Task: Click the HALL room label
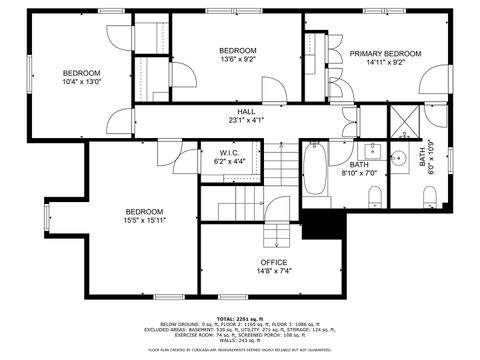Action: pos(244,112)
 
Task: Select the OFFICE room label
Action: pos(246,261)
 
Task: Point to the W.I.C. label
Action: pos(230,153)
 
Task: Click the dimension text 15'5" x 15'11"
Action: pos(145,220)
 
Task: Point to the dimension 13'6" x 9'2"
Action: pos(238,59)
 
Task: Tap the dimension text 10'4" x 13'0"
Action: pos(82,82)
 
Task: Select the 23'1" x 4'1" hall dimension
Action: pos(244,121)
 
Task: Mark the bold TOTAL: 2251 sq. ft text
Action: pos(241,317)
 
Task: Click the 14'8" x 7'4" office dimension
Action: pos(246,270)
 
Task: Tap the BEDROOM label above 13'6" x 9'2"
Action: pos(238,50)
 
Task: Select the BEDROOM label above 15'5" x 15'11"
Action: pos(145,211)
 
